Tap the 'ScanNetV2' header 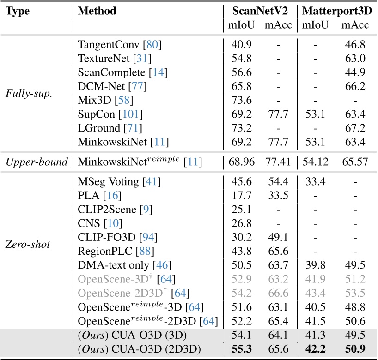261,11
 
